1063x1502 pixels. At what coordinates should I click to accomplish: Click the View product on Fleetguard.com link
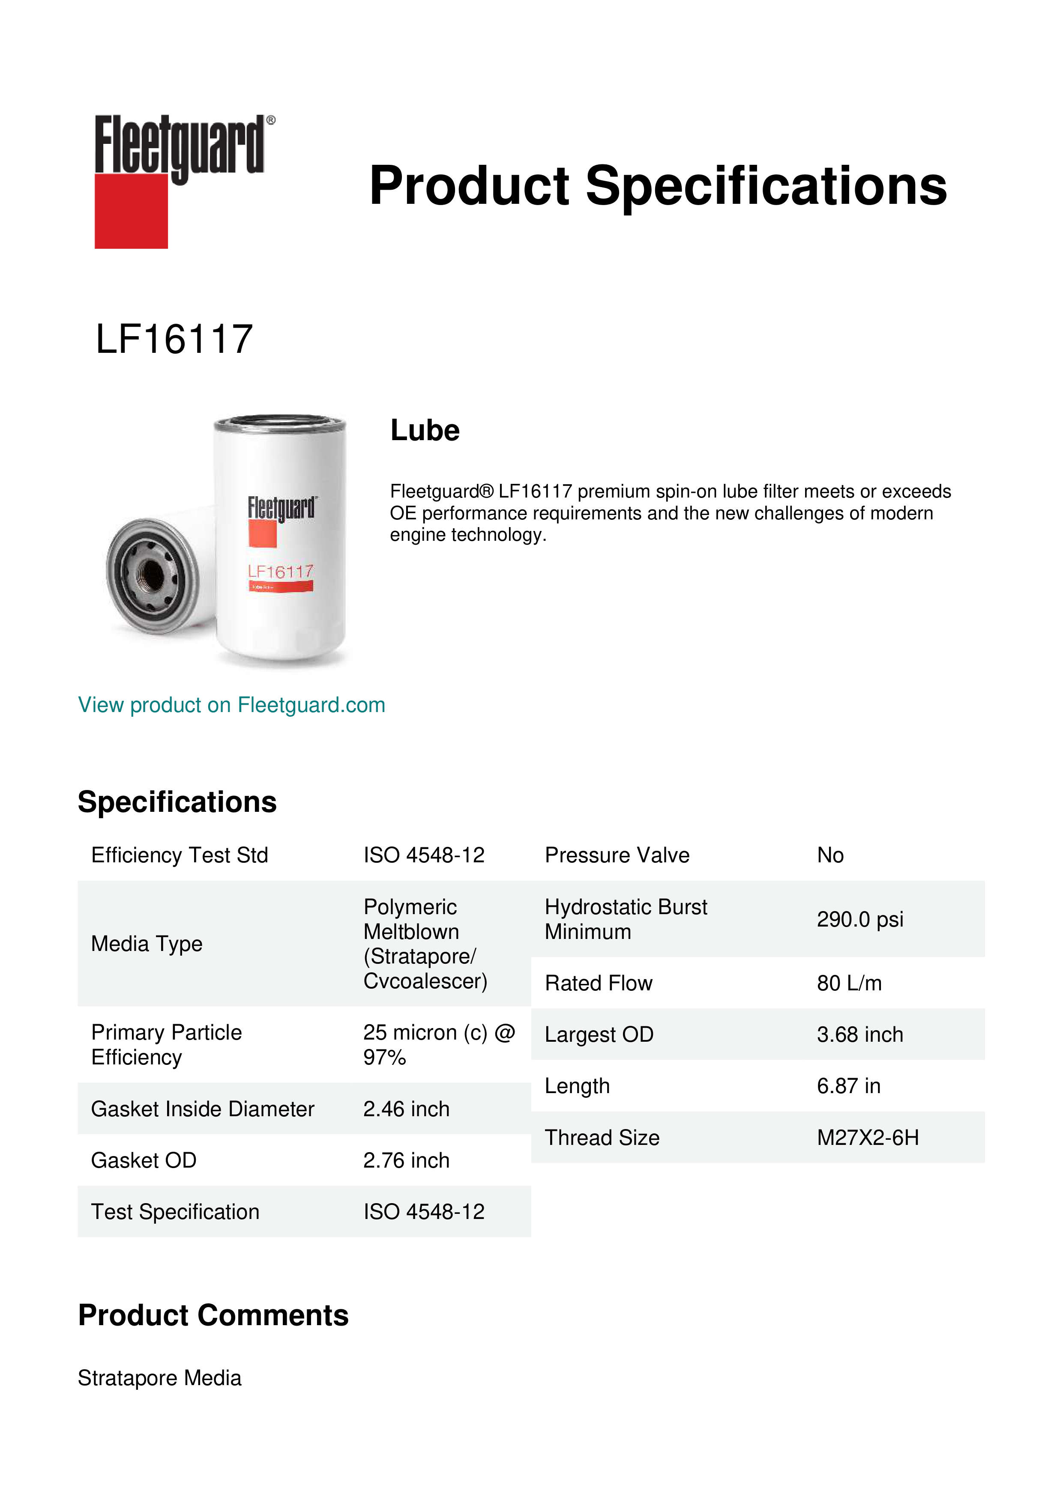(231, 705)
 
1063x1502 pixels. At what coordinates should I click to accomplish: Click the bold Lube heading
(425, 430)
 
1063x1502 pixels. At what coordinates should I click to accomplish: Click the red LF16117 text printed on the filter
(280, 572)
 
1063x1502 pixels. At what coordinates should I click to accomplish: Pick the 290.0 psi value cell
(859, 919)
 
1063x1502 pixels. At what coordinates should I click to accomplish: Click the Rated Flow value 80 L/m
(849, 983)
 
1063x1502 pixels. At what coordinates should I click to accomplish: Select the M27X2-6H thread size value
(867, 1138)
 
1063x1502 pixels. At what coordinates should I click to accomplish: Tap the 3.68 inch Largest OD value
(859, 1034)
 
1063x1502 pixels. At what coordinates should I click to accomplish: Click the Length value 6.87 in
(848, 1086)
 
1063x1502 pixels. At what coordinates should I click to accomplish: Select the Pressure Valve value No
(830, 855)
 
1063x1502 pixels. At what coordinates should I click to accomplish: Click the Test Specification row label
(175, 1212)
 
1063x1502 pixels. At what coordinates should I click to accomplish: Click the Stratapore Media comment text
(159, 1378)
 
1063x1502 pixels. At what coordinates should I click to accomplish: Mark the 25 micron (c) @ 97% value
(439, 1045)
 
